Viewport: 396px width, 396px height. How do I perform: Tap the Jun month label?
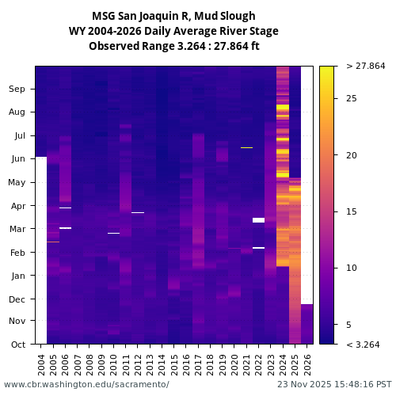[x=17, y=158]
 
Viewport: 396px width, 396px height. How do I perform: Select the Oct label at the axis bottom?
[x=17, y=345]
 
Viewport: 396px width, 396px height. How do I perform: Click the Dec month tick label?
[x=17, y=299]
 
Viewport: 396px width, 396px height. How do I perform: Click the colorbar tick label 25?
[x=352, y=98]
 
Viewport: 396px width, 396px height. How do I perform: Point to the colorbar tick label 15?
[x=352, y=211]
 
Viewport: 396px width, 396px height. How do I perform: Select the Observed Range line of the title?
[x=173, y=46]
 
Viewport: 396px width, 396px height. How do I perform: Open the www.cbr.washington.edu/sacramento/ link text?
[x=86, y=384]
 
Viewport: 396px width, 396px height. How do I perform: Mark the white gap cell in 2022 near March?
[x=258, y=220]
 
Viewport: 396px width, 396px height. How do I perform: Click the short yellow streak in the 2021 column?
[x=246, y=147]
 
